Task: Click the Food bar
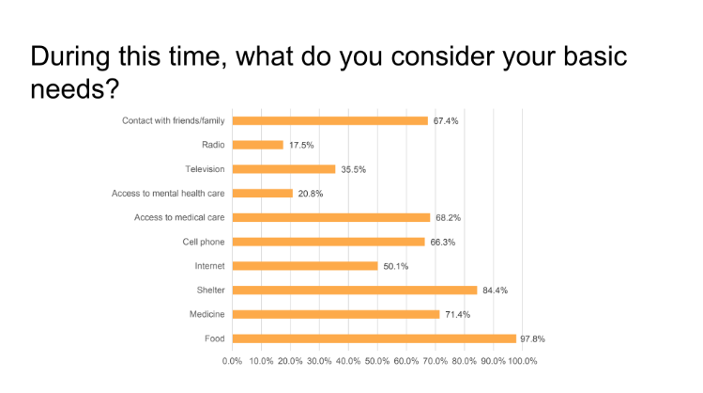pos(374,338)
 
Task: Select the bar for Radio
pos(258,145)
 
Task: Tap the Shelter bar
pos(355,291)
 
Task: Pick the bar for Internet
pos(305,266)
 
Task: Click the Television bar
pos(283,169)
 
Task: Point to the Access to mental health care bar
pos(263,194)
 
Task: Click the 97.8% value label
pos(532,339)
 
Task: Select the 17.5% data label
pos(301,145)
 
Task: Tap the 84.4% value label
pos(495,291)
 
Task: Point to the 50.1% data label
pos(396,266)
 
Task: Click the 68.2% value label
pos(449,218)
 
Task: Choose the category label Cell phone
pos(204,242)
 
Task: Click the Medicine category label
pos(206,314)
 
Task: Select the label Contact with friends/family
pos(174,120)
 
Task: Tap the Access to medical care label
pos(179,217)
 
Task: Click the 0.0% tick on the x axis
pos(232,361)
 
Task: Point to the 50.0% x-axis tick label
pos(377,361)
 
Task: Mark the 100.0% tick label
pos(522,361)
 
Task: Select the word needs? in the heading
pos(75,89)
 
